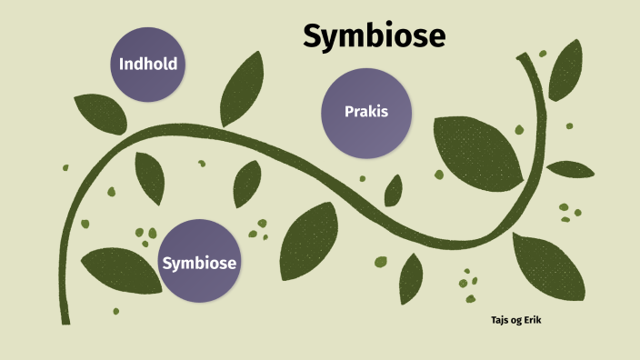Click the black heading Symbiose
click(x=374, y=35)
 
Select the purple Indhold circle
click(x=147, y=64)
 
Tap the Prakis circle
click(x=366, y=113)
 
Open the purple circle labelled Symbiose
click(x=199, y=262)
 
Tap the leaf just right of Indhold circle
click(x=241, y=88)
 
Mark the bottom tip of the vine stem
click(x=65, y=320)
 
